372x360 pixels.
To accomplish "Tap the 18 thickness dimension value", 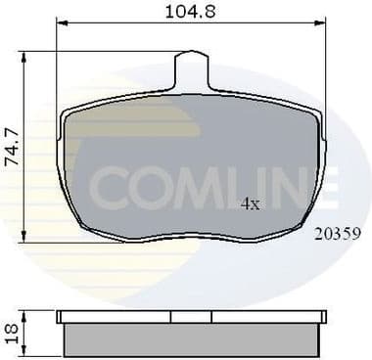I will point(11,332).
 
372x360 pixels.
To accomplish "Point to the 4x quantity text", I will point(251,204).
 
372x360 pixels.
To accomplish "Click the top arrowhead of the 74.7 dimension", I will point(25,51).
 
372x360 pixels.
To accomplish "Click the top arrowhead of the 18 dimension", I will point(25,313).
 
